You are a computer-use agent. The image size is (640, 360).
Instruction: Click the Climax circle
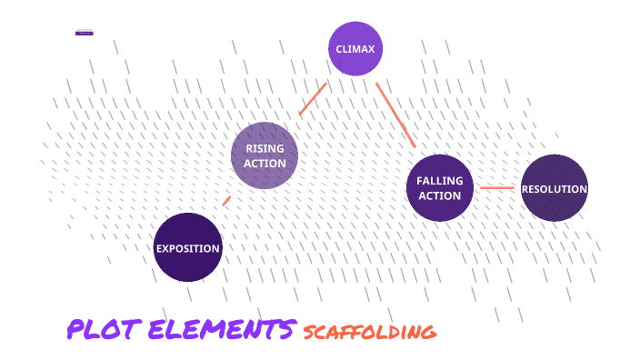(x=355, y=48)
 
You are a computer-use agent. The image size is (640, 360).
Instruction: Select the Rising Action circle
(x=265, y=155)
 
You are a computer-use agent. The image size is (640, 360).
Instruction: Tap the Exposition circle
(x=188, y=247)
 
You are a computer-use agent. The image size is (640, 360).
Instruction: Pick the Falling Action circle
(x=440, y=187)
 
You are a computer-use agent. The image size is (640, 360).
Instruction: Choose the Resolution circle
(x=555, y=188)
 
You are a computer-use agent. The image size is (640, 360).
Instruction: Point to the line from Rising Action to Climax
(x=312, y=99)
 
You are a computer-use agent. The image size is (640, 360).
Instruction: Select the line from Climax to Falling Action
(x=395, y=113)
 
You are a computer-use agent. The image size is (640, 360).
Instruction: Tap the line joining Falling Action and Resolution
(x=497, y=188)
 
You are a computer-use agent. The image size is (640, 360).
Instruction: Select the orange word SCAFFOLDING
(x=369, y=332)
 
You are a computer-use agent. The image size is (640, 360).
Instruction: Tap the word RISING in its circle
(x=265, y=148)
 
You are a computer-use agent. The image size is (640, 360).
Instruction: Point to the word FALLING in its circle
(x=440, y=180)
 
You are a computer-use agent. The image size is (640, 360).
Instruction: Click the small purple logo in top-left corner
(x=85, y=33)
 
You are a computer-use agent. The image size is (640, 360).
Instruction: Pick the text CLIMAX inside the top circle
(x=355, y=48)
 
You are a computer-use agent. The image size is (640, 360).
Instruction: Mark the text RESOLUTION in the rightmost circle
(x=555, y=189)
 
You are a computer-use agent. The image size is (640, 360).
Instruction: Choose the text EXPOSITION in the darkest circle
(x=188, y=248)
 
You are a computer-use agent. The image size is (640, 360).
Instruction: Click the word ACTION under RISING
(x=265, y=164)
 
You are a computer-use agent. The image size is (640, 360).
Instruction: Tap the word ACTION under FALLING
(x=440, y=195)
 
